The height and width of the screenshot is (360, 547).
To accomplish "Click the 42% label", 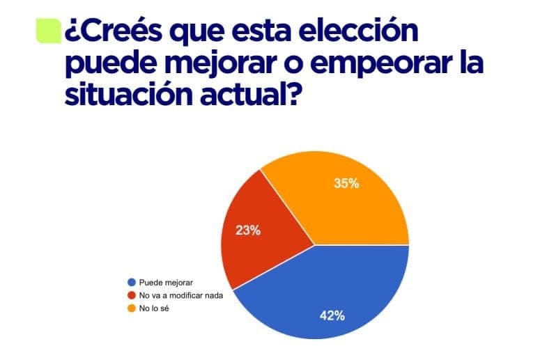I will pyautogui.click(x=332, y=315).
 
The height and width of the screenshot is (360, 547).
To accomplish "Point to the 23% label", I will pyautogui.click(x=249, y=230).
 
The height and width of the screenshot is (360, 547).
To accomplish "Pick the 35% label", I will pyautogui.click(x=346, y=184).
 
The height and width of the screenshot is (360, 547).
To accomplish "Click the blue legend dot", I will pyautogui.click(x=131, y=283).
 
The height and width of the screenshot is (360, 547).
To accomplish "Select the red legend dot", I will pyautogui.click(x=131, y=295).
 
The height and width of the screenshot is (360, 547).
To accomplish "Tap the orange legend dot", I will pyautogui.click(x=131, y=308).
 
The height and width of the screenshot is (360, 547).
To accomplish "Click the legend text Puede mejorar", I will pyautogui.click(x=165, y=283).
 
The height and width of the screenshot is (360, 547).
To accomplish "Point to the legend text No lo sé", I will pyautogui.click(x=154, y=308).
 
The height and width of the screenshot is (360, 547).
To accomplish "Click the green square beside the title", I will pyautogui.click(x=48, y=31).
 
